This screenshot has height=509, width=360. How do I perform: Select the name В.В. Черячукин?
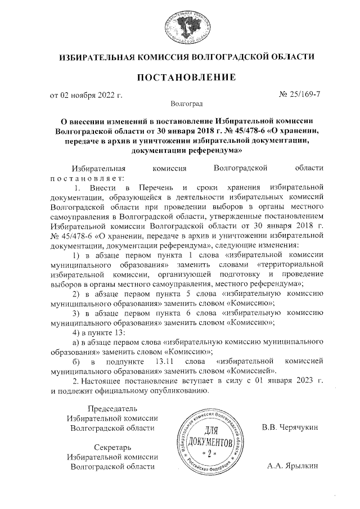290,427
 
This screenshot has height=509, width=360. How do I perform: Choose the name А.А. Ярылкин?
292,466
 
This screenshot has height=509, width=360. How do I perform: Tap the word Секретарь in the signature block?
113,447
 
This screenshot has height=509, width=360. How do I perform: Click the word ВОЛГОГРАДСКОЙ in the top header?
231,57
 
